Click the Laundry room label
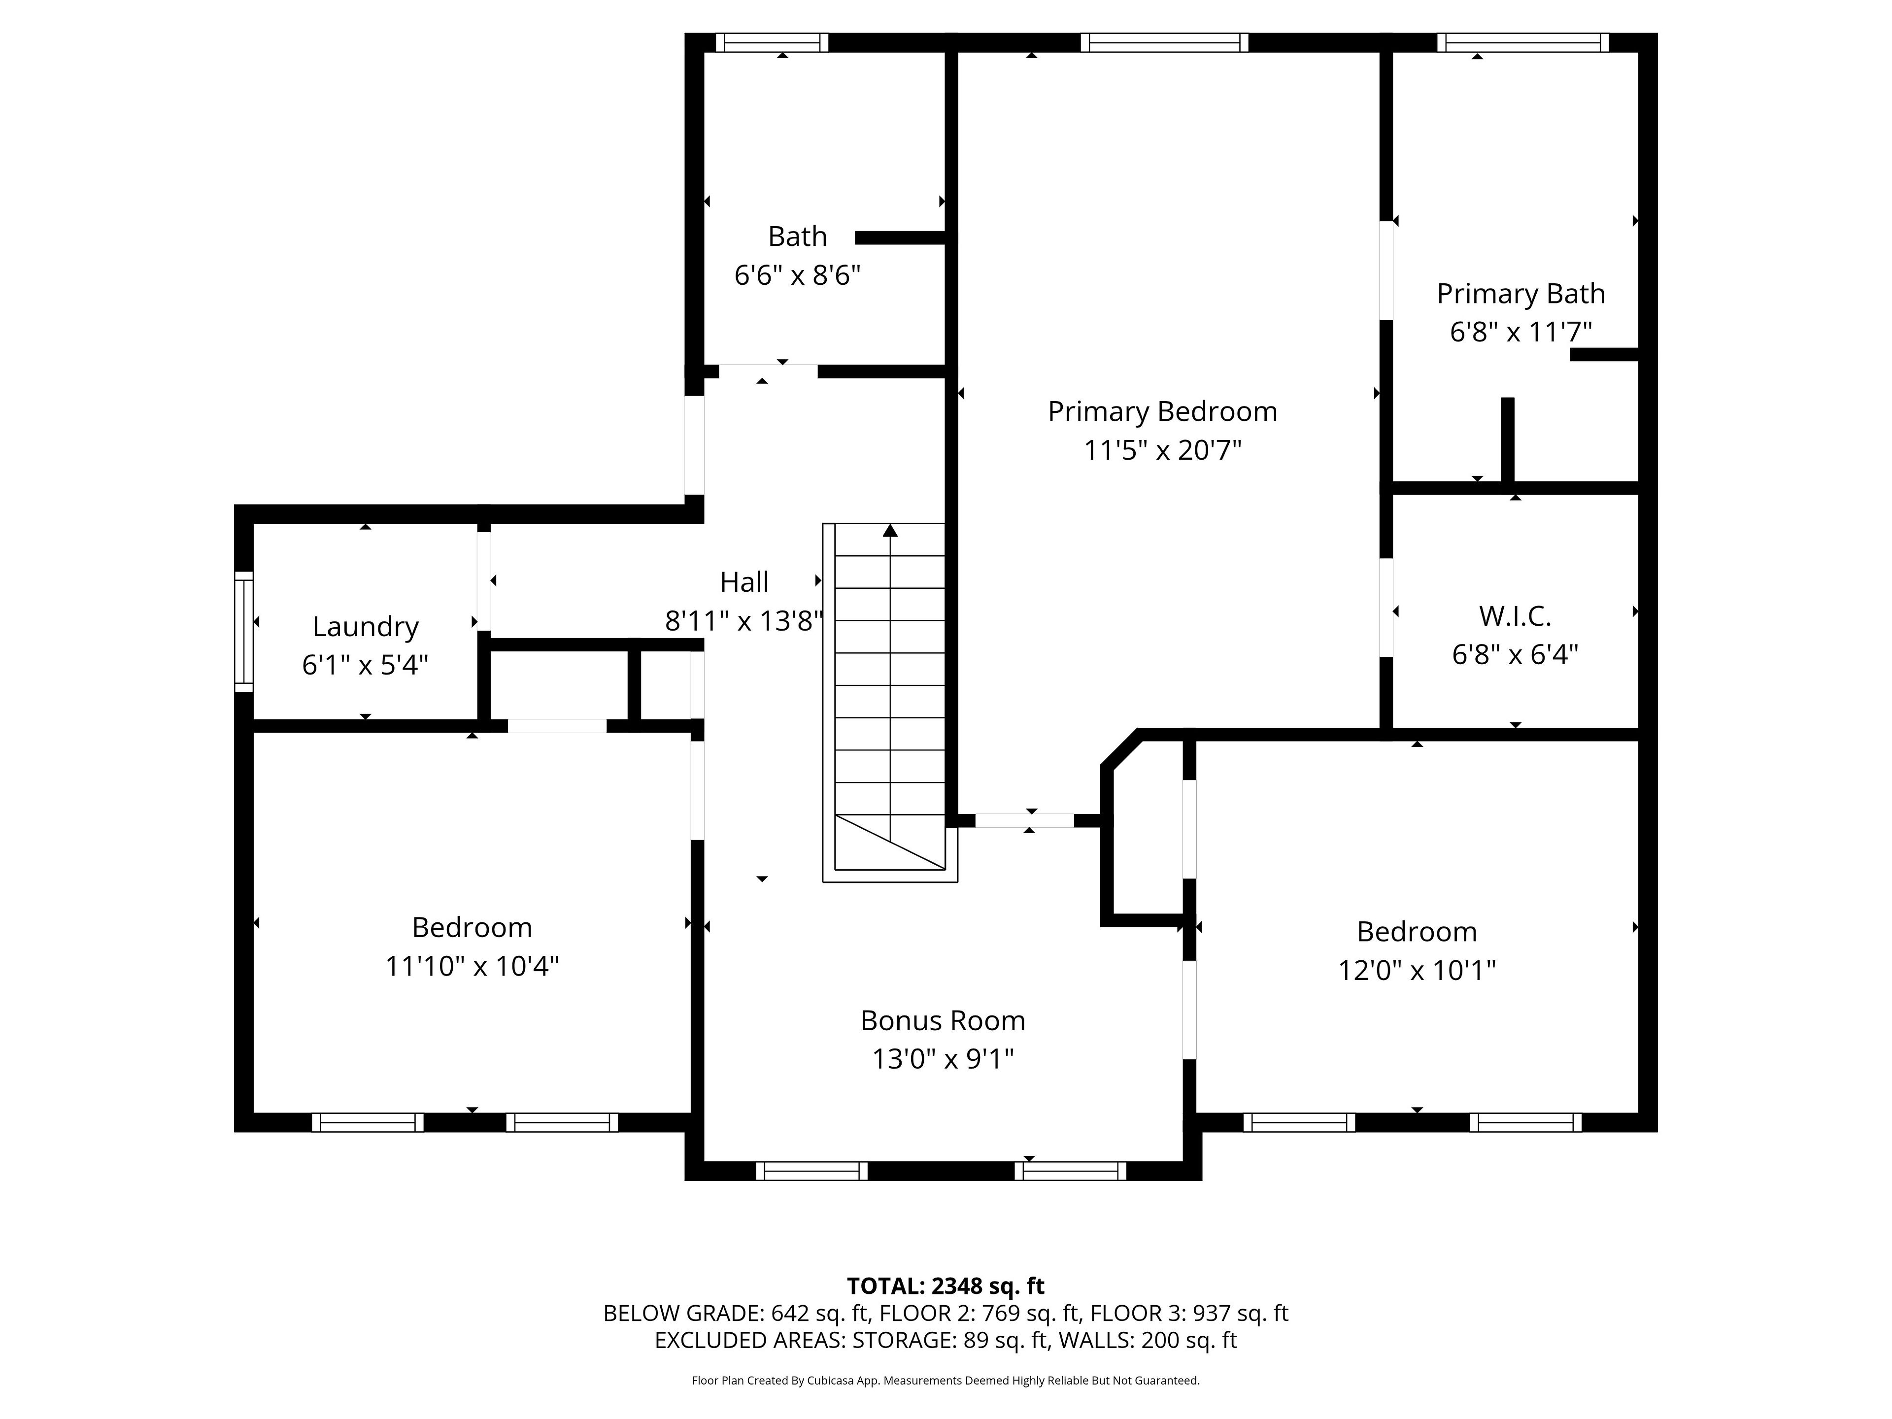coord(365,627)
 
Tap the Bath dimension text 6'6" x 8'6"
coord(797,275)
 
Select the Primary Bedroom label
coord(1162,411)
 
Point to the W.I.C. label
coord(1515,616)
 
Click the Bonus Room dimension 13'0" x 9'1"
coord(943,1059)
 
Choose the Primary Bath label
coord(1521,293)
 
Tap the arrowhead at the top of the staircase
coord(890,530)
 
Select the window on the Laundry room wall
coord(244,631)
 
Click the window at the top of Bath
coord(772,43)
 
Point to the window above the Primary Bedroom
coord(1164,43)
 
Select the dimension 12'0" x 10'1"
coord(1417,970)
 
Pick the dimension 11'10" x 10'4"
coord(472,966)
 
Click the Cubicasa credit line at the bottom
coord(945,1380)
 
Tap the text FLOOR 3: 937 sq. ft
coord(1189,1313)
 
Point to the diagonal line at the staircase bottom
coord(890,842)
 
